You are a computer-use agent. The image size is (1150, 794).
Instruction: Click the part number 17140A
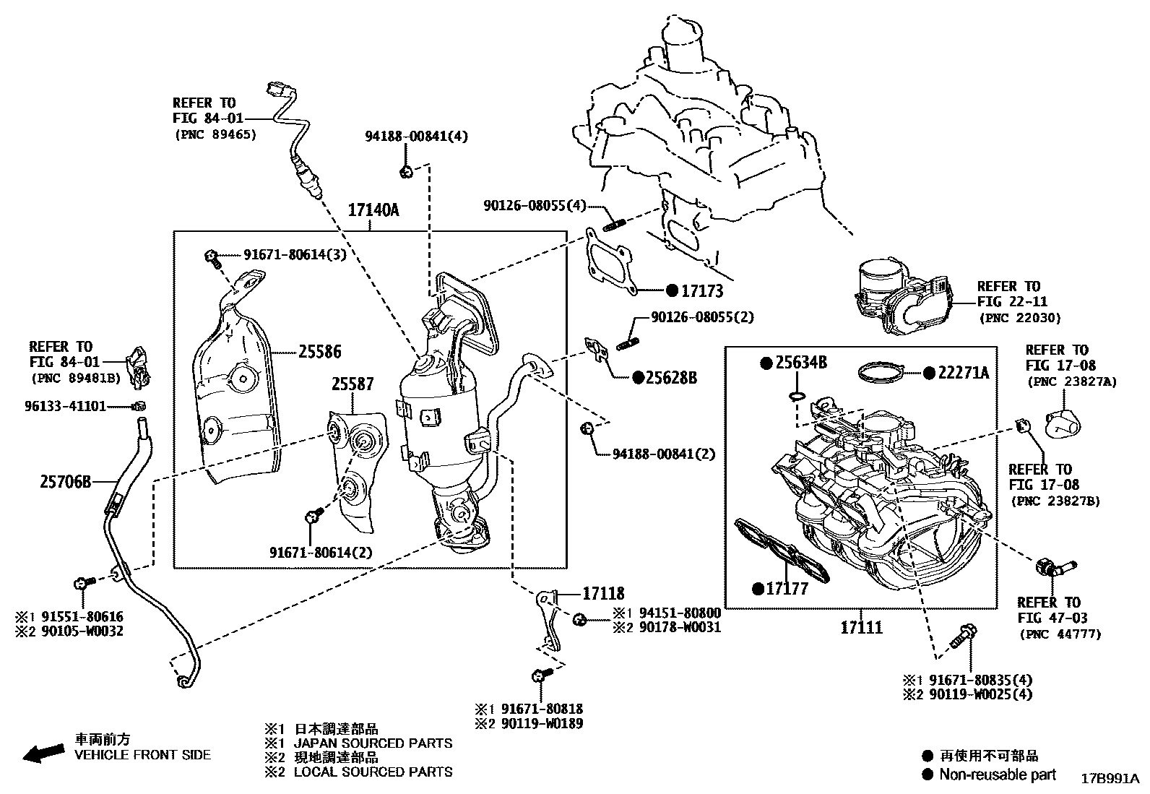(x=373, y=210)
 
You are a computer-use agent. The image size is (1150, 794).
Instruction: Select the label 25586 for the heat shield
(x=320, y=353)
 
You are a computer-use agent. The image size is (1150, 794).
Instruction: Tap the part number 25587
(x=353, y=385)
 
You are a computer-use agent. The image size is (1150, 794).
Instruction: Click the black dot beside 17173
(x=671, y=291)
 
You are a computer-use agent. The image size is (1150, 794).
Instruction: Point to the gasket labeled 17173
(x=610, y=264)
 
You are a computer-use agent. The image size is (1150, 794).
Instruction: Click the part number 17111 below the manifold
(x=861, y=627)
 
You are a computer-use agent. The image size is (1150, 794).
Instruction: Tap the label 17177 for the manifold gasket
(x=787, y=589)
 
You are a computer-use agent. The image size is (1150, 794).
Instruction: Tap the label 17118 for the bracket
(x=604, y=594)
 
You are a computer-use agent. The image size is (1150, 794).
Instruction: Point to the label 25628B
(x=672, y=377)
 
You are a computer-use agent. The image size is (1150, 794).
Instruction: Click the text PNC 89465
(x=215, y=134)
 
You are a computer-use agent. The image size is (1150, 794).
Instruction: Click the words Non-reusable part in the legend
(x=997, y=774)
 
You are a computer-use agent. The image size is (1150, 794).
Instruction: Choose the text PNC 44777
(x=1060, y=634)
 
